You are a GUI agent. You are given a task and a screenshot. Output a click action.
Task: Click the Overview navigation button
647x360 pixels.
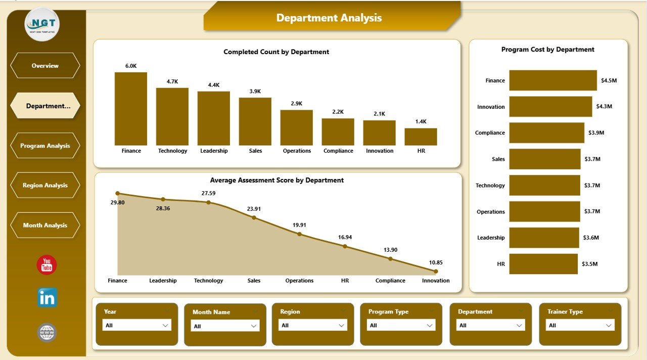(45, 66)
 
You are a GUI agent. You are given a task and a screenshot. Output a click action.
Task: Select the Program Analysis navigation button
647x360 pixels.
(45, 146)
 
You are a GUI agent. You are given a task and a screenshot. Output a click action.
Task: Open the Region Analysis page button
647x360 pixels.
(45, 185)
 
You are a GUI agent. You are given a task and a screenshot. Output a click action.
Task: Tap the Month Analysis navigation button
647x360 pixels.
(45, 226)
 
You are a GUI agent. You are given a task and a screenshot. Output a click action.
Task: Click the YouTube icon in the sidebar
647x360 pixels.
(47, 265)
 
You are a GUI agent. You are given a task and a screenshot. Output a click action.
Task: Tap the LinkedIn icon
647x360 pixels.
(47, 298)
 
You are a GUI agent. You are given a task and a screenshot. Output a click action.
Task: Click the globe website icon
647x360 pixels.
(47, 333)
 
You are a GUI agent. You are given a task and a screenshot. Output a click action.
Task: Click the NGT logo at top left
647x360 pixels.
(42, 24)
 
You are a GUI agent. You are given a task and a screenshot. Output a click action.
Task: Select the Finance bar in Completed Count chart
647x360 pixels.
(130, 109)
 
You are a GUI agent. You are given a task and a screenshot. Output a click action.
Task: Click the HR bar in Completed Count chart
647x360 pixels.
(421, 137)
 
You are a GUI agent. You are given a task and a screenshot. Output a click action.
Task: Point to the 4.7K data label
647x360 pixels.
(172, 81)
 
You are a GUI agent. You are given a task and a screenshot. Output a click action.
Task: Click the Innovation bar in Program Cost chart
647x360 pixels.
(550, 107)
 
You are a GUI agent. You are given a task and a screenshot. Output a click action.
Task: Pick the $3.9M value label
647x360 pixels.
(596, 133)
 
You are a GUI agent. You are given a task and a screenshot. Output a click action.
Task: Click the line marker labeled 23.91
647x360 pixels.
(254, 217)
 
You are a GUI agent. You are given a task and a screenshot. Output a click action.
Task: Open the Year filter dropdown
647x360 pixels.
(136, 326)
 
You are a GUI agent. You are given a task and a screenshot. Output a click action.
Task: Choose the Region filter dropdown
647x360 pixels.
(313, 326)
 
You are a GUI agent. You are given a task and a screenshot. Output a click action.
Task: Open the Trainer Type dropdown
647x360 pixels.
(581, 326)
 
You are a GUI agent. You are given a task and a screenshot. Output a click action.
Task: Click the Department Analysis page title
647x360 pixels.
(329, 18)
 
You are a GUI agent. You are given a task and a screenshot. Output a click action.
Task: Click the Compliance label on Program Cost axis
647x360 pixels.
(490, 133)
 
